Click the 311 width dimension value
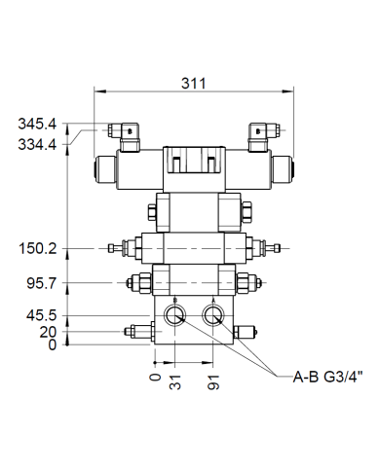tap(193, 84)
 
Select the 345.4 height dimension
tap(38, 124)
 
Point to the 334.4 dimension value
tap(38, 144)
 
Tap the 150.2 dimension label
tap(38, 249)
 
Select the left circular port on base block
tap(176, 313)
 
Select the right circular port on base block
tap(213, 313)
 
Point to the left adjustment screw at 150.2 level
tap(121, 249)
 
